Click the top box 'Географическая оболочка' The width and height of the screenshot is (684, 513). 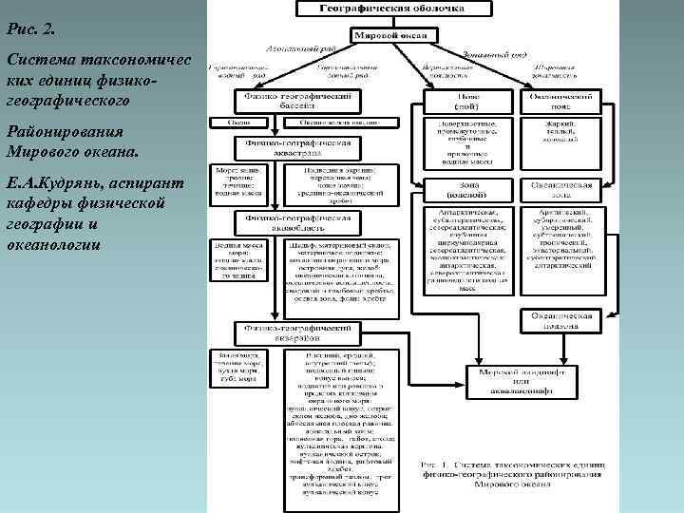pyautogui.click(x=391, y=9)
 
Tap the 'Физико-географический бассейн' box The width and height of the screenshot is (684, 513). pyautogui.click(x=298, y=101)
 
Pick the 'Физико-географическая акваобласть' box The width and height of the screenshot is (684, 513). pyautogui.click(x=298, y=222)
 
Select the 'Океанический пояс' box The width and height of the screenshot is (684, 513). pyautogui.click(x=562, y=101)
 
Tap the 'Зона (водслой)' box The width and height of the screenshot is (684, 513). pyautogui.click(x=467, y=189)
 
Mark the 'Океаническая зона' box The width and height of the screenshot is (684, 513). pyautogui.click(x=563, y=189)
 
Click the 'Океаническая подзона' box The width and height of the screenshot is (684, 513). pyautogui.click(x=562, y=320)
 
